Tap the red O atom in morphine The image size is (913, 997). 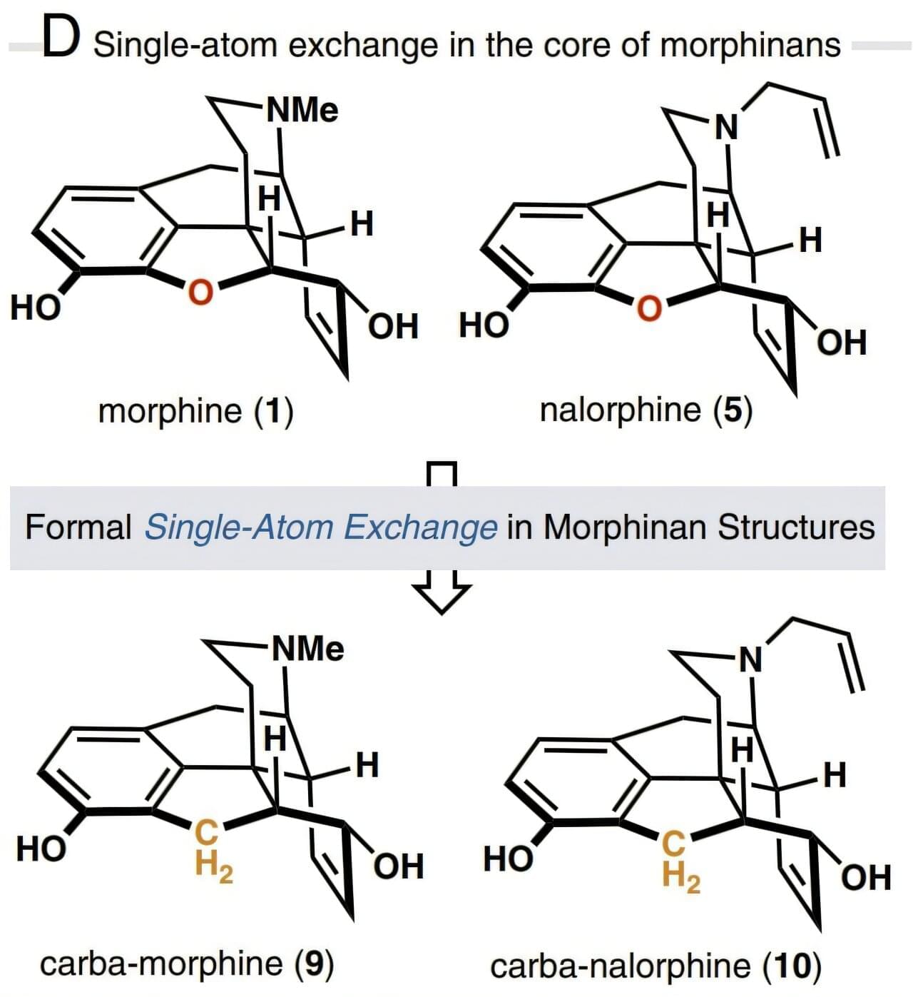pos(200,292)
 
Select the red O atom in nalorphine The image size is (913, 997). pos(649,309)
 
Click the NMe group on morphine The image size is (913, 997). pos(302,110)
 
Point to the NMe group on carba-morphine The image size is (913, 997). pos(307,649)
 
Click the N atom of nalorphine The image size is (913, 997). pos(726,128)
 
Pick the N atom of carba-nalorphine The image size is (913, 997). pos(750,660)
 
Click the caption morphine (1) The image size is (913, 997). pos(195,412)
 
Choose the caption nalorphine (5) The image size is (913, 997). pos(646,411)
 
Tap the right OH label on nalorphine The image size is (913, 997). pos(843,343)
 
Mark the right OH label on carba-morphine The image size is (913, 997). pos(399,866)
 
